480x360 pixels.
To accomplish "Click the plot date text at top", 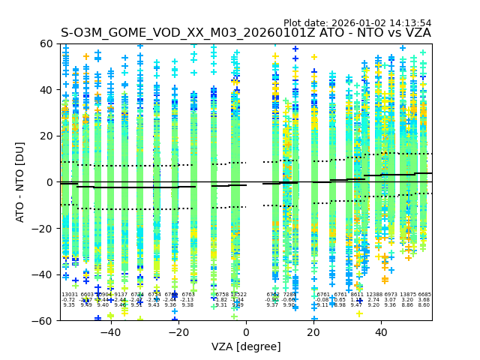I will (x=357, y=23).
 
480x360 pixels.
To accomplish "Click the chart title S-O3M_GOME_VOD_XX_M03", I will (x=245, y=33).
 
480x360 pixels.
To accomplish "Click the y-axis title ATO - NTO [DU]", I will (x=20, y=182).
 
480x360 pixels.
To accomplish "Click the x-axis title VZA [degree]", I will (x=246, y=346).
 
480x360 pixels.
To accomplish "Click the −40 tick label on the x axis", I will (x=110, y=332).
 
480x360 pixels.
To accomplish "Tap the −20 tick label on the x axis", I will (x=178, y=332).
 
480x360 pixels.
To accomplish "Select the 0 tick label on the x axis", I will (x=246, y=332).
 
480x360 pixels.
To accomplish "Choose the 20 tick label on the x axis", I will (x=313, y=332).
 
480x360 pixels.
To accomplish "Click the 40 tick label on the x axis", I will (x=381, y=332).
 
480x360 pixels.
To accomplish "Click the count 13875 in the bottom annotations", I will (x=407, y=295).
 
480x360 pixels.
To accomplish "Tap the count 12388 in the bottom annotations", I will (x=373, y=295).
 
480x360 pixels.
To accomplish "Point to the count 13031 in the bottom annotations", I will (x=70, y=295).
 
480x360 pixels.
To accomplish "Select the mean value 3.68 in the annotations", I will (x=424, y=300).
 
